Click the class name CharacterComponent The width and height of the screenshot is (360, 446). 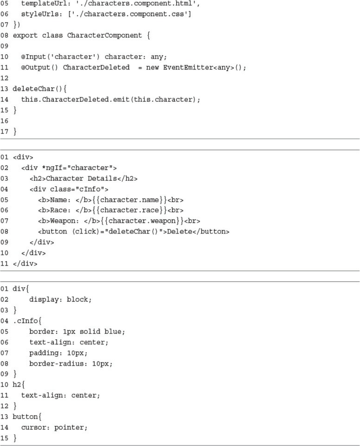coord(105,35)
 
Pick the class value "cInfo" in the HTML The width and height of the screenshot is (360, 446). coord(90,189)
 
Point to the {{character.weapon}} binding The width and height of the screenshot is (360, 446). coord(137,221)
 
